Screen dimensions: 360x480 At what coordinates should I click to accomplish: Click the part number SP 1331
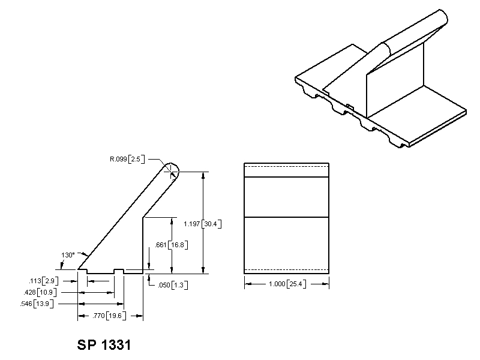click(x=104, y=346)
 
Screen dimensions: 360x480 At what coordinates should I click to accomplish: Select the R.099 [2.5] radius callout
click(x=127, y=160)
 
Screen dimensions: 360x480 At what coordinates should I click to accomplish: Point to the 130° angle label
click(x=68, y=254)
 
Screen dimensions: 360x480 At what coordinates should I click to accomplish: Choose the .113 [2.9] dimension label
click(x=43, y=281)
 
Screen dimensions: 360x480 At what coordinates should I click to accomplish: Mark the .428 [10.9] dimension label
click(x=43, y=292)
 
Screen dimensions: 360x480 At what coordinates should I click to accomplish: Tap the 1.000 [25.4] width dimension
click(x=286, y=284)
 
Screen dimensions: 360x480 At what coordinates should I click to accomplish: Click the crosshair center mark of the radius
click(x=173, y=172)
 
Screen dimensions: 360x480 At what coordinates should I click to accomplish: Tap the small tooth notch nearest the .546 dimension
click(x=119, y=271)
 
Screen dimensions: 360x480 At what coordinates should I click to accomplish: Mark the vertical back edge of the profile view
click(x=142, y=246)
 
